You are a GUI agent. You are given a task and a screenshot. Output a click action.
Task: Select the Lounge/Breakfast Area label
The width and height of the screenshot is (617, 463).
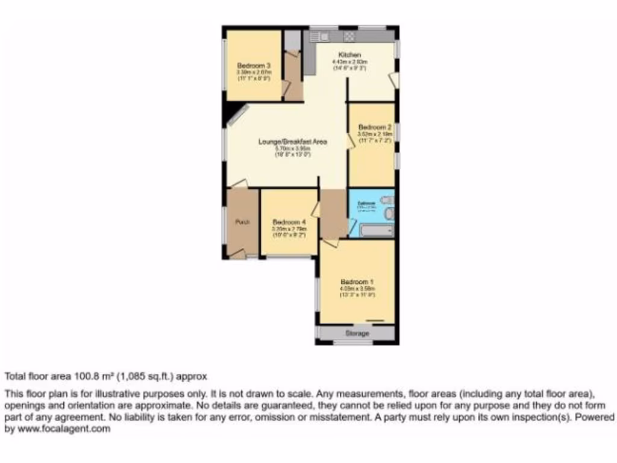coord(292,142)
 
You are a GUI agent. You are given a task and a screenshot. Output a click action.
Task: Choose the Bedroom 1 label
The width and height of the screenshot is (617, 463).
coord(357,282)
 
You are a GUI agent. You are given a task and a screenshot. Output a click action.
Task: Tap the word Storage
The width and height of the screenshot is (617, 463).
coord(357,333)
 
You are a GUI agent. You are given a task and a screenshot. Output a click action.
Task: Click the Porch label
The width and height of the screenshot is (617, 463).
coord(242,222)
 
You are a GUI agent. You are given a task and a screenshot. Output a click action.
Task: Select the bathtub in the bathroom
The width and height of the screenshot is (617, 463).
coord(375,230)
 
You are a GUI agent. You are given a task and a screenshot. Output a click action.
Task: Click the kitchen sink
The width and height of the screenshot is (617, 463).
coord(318,37)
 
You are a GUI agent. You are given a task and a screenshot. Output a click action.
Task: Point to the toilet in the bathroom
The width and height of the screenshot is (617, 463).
coord(389,200)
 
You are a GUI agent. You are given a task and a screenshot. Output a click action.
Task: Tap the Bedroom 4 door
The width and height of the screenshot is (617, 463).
coord(315,209)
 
